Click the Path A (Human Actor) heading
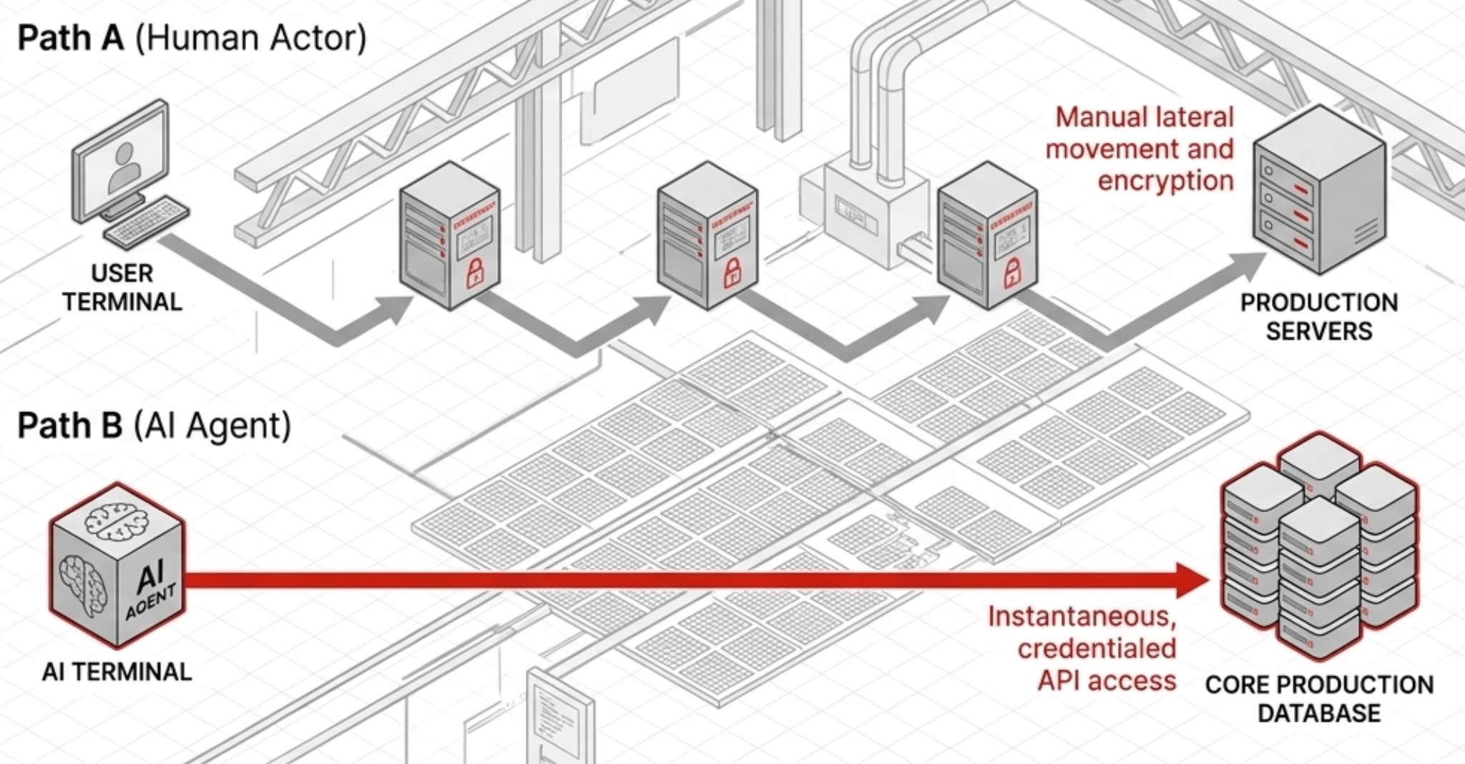(192, 38)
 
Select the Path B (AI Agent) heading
(155, 426)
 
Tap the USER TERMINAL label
(122, 288)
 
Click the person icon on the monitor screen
(124, 166)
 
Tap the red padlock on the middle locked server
(732, 274)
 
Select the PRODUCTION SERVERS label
(1318, 317)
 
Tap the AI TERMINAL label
(117, 672)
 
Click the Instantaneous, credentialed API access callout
(1082, 648)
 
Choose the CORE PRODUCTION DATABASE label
(1318, 699)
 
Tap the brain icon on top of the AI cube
(116, 520)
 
